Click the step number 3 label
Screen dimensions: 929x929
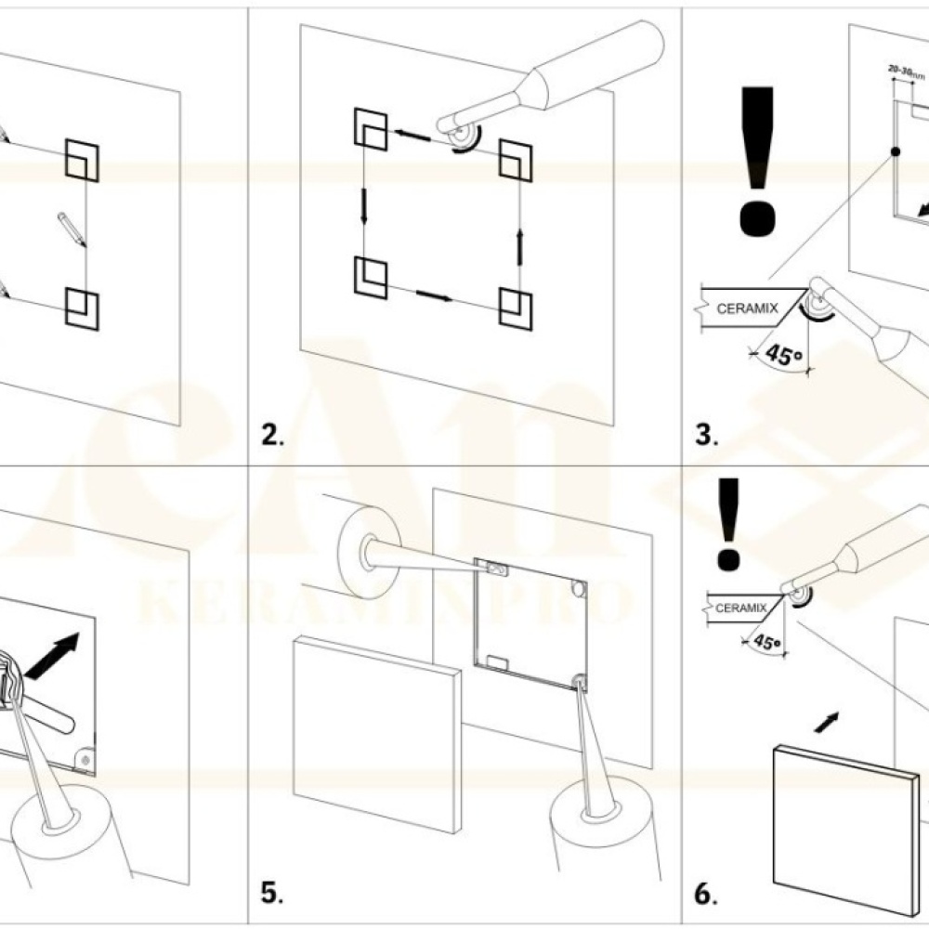click(706, 436)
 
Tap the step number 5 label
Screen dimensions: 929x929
click(270, 894)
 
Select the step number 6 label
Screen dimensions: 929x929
click(706, 894)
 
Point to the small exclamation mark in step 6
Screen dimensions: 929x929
click(728, 524)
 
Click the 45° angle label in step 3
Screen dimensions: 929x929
click(779, 353)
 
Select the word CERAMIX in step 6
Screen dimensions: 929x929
click(740, 608)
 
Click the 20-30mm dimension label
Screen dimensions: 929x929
click(907, 71)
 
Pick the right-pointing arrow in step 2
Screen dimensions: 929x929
click(434, 296)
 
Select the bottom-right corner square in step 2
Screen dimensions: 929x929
click(516, 308)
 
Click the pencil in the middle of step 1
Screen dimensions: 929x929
click(72, 228)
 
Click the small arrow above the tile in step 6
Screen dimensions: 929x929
click(827, 722)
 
